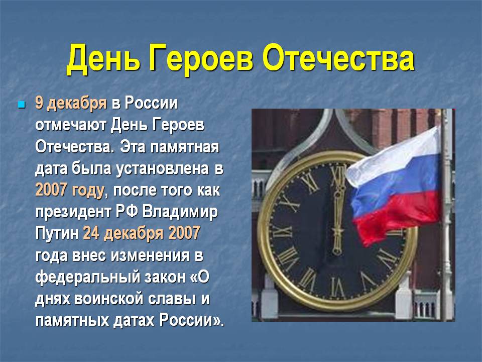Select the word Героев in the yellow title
(201, 60)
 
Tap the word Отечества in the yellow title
(338, 58)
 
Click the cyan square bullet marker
(22, 105)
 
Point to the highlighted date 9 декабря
(71, 104)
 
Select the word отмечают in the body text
(71, 125)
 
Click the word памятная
(185, 147)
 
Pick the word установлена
(162, 169)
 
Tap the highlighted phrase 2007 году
(70, 191)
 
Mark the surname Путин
(57, 233)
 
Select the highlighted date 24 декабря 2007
(142, 234)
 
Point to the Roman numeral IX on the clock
(282, 231)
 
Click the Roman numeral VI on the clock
(337, 288)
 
